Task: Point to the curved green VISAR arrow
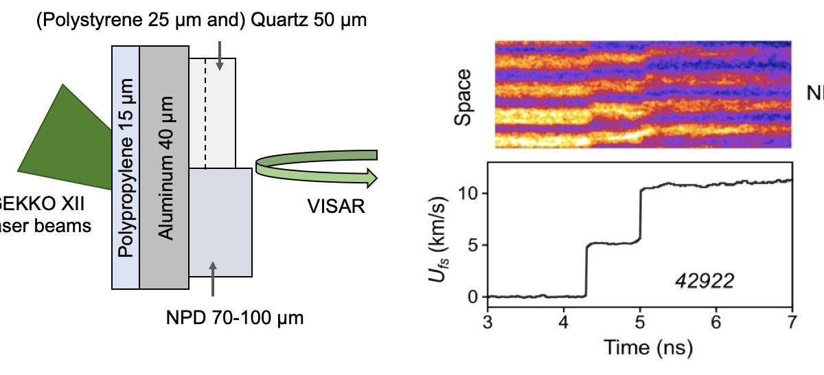316,168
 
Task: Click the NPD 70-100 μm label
235,318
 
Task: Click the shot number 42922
704,280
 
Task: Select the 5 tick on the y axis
473,245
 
